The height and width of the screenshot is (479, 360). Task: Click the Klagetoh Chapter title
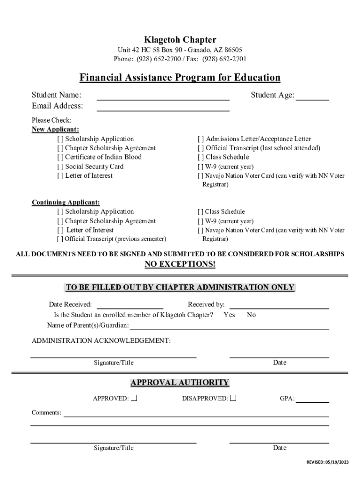[x=180, y=40]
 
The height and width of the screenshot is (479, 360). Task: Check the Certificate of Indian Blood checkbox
[x=60, y=157]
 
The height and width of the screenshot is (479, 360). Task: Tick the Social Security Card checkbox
[x=60, y=167]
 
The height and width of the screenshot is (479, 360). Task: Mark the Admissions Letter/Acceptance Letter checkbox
[x=201, y=139]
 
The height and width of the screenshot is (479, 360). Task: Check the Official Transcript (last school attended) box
[x=201, y=148]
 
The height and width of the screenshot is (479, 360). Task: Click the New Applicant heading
[x=55, y=130]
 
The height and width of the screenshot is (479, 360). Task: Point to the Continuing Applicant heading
[x=65, y=203]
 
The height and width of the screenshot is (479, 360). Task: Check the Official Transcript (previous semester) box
[x=60, y=239]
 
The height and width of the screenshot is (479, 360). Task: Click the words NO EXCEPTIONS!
[x=180, y=264]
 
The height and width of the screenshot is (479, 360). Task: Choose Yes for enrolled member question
[x=229, y=315]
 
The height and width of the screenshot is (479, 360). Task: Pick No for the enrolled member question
[x=251, y=315]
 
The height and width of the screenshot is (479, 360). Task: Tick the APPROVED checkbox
[x=134, y=399]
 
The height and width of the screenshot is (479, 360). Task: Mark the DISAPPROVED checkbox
[x=233, y=399]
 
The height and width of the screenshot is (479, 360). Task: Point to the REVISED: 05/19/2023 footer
[x=327, y=462]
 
